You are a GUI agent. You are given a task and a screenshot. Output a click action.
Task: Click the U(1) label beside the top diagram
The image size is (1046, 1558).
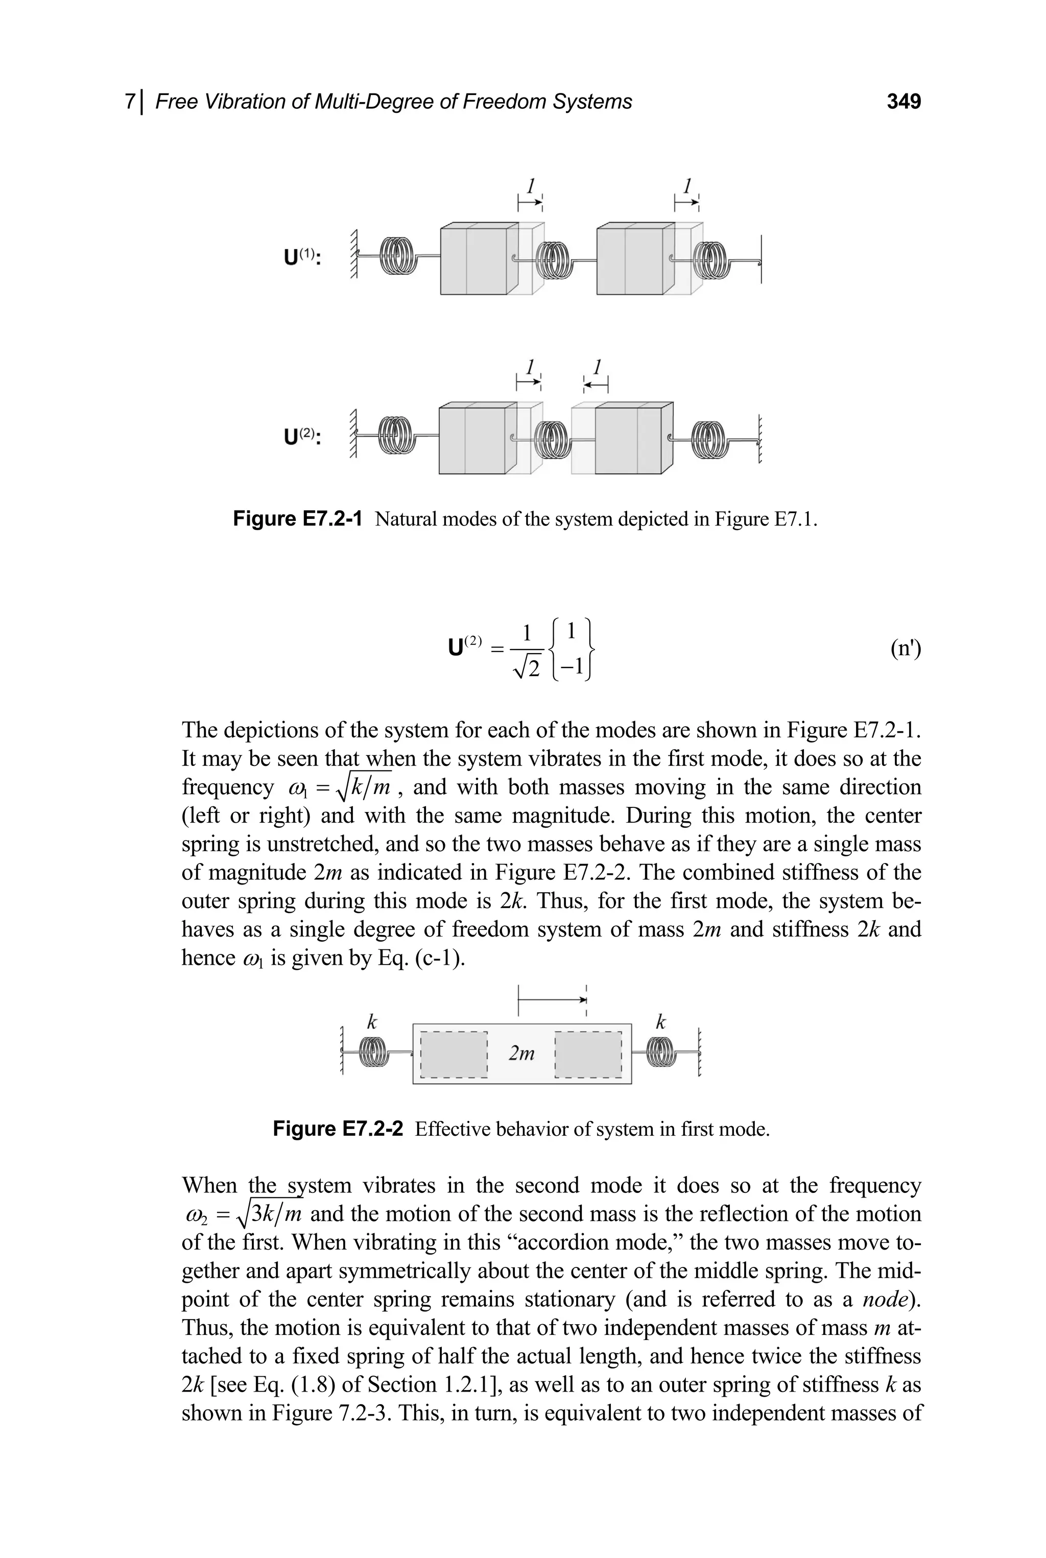301,257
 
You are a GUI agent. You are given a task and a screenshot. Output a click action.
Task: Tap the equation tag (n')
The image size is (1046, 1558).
905,649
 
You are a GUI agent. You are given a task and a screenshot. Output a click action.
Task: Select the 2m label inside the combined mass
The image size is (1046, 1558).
521,1053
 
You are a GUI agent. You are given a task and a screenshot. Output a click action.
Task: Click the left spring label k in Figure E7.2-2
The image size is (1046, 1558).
372,1022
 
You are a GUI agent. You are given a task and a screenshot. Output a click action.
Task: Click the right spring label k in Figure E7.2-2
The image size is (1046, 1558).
660,1022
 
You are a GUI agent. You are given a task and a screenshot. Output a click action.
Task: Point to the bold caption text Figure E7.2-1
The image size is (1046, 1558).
298,519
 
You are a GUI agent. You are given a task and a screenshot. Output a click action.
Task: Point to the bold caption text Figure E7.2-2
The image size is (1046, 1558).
338,1129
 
